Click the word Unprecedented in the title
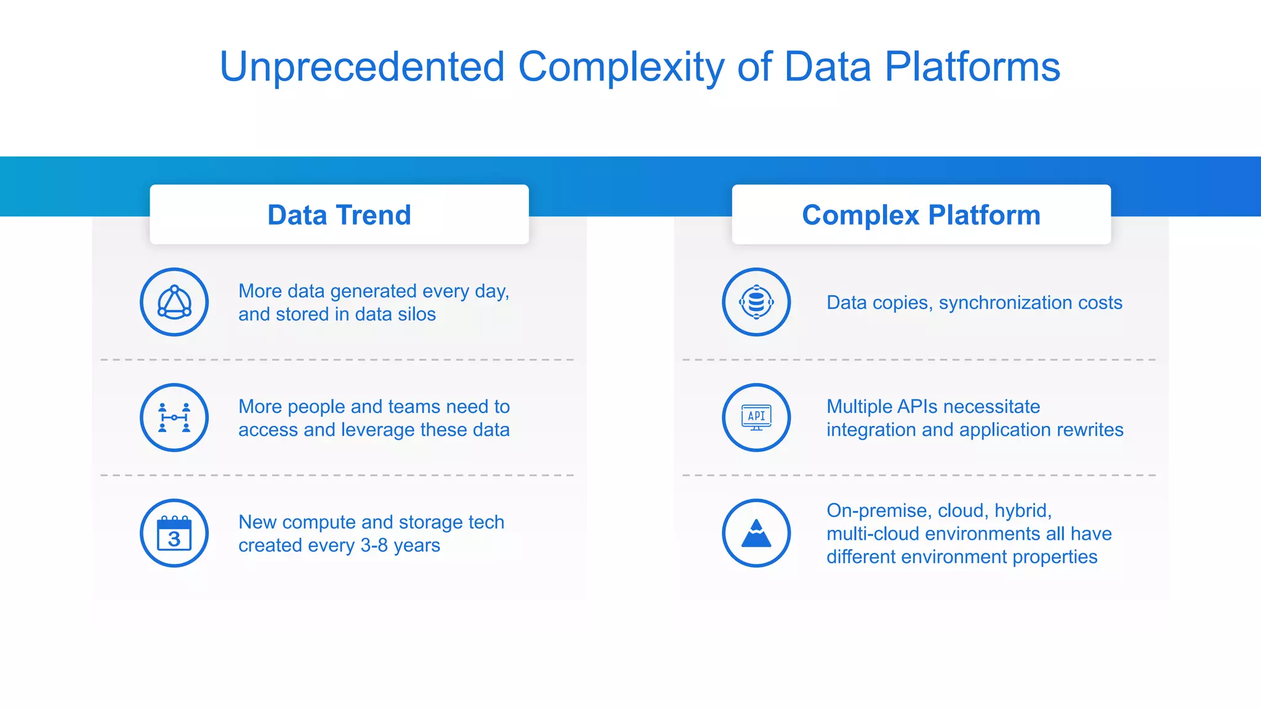click(x=362, y=66)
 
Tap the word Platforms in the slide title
click(x=972, y=66)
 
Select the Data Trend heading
click(x=339, y=215)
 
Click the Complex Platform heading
click(x=921, y=215)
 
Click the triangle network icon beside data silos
click(x=174, y=302)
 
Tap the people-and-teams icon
click(x=174, y=418)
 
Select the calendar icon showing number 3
click(x=174, y=533)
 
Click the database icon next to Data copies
click(x=756, y=302)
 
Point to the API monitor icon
click(x=756, y=418)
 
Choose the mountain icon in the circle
click(x=756, y=533)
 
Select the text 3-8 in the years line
click(x=374, y=545)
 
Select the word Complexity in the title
click(x=621, y=66)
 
